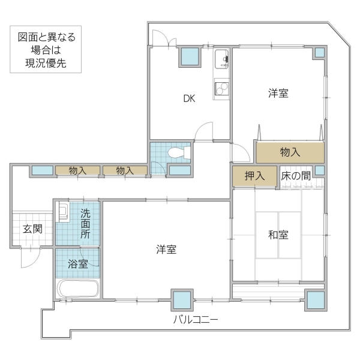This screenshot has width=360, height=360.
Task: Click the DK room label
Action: (x=189, y=99)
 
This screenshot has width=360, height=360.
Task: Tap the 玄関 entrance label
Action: (x=32, y=229)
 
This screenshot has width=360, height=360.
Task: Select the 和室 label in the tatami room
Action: (x=278, y=235)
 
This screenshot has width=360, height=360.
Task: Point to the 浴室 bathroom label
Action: (x=77, y=263)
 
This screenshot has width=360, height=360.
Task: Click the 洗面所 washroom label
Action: (x=86, y=223)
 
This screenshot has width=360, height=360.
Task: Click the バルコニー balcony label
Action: (x=196, y=319)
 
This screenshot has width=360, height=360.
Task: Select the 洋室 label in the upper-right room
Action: (x=278, y=94)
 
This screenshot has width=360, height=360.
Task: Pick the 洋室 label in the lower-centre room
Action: (x=166, y=249)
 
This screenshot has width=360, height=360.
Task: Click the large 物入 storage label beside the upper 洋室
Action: (x=290, y=152)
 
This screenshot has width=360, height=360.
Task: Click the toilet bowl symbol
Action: (x=176, y=152)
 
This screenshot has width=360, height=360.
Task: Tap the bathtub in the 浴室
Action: (x=78, y=289)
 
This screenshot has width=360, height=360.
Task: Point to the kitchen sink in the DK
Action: (x=222, y=59)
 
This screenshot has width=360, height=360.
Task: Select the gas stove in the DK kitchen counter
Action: (x=222, y=88)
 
